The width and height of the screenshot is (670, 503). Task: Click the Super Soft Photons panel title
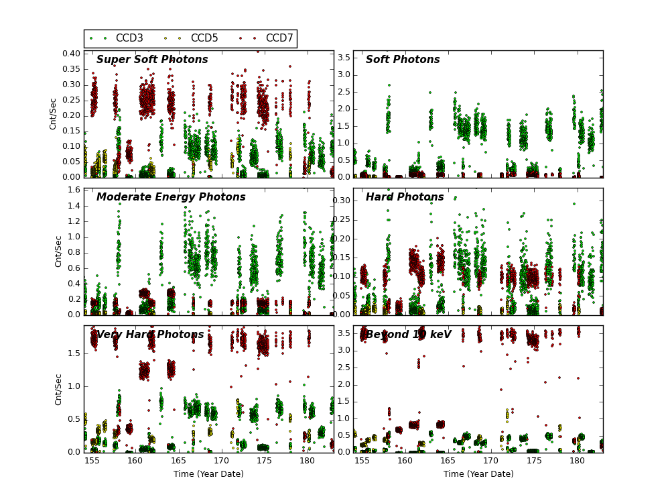152,60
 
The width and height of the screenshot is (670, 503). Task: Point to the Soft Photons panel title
403,60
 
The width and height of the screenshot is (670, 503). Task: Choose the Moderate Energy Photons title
171,198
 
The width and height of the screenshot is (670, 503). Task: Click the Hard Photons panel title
405,198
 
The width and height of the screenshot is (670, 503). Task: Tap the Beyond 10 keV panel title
409,335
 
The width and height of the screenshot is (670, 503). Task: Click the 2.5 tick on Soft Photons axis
343,92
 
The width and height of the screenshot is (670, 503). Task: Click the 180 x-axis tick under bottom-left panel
308,461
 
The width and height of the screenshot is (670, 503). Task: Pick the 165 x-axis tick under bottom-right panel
448,461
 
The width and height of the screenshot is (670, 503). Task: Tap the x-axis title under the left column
208,474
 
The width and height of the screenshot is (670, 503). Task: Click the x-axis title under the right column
478,474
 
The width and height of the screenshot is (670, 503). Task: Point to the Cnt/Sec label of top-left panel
54,114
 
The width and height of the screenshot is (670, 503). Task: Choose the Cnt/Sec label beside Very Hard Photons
59,389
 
